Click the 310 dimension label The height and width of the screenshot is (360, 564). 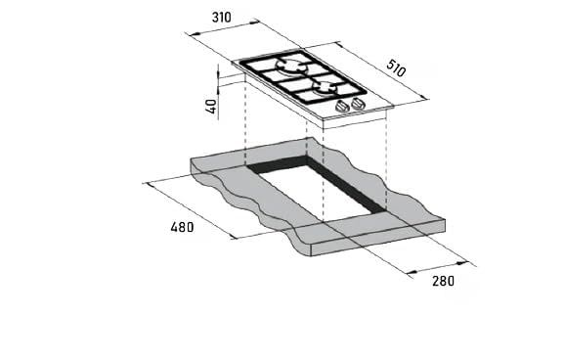coord(222,17)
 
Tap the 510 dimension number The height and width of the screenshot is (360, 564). coord(396,68)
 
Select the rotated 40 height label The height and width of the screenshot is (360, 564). coord(212,107)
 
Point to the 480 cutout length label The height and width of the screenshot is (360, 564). coord(182,227)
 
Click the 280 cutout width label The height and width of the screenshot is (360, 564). coord(443,281)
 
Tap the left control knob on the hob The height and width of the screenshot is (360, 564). coord(342,107)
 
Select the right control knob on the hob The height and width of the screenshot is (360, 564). coord(358,104)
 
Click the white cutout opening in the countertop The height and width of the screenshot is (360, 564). coord(318,191)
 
